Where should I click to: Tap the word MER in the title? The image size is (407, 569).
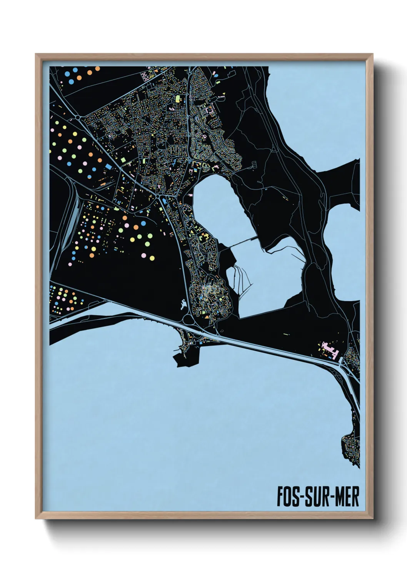click(347, 497)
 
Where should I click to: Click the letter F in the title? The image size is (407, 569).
click(281, 497)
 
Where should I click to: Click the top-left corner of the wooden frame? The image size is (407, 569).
click(36, 55)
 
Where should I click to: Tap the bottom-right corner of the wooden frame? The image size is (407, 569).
click(372, 518)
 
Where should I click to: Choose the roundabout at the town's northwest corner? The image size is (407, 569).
click(78, 117)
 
